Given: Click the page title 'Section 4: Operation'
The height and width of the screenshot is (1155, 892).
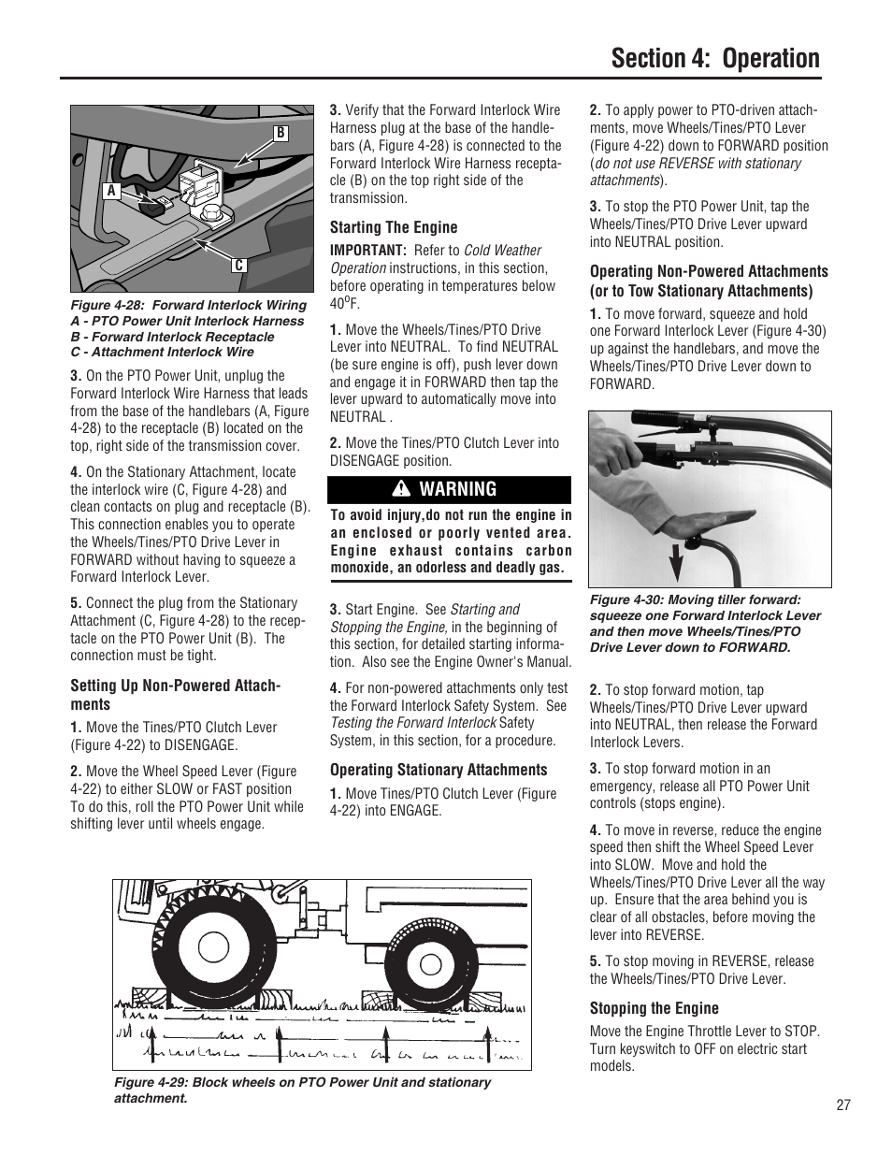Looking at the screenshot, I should pos(715,58).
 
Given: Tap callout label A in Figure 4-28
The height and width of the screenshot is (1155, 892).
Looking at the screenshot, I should pos(110,190).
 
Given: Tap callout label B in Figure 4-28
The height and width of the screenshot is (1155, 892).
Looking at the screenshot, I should pos(280,134).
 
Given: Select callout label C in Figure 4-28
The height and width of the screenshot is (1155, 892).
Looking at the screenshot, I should pos(239,266).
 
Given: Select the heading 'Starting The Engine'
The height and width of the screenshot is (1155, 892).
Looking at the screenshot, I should pos(394,227).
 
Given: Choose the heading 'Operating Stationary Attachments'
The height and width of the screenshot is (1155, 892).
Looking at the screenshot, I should pos(439,770).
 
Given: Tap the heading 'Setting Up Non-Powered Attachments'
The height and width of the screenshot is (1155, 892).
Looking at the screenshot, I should pos(175,695).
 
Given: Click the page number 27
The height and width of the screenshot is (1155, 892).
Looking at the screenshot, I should pos(843,1105).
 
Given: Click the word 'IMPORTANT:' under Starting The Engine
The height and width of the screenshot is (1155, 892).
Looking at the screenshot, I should pos(367,251).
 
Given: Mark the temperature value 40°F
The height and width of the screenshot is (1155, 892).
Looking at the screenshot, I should pos(344,304).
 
